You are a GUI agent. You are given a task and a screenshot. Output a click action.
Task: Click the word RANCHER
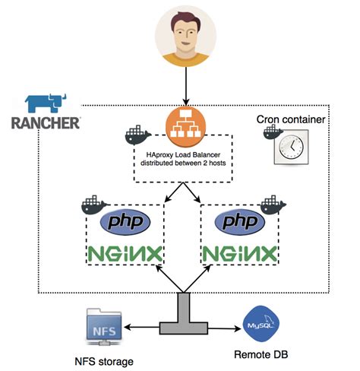coord(46,122)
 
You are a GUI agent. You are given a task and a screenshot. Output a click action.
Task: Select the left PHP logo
coord(125,222)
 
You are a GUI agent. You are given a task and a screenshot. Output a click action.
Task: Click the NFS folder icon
coord(103,327)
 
